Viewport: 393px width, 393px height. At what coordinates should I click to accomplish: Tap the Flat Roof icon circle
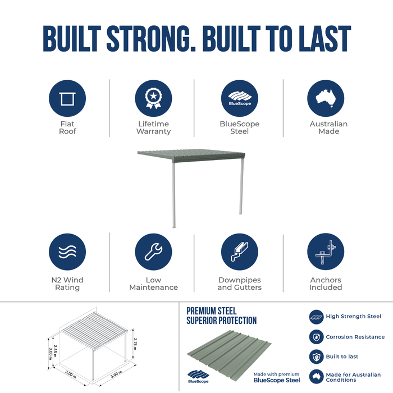click(67, 98)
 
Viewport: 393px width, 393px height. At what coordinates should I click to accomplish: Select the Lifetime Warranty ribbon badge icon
click(153, 98)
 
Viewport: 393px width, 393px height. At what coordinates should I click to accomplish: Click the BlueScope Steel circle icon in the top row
click(240, 98)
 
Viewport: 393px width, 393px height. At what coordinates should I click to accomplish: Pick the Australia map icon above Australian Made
click(326, 98)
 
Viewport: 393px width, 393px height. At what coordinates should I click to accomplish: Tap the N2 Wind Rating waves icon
click(67, 252)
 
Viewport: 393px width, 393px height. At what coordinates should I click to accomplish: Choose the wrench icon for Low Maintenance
click(153, 252)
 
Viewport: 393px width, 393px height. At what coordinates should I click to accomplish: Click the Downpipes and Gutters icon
click(240, 252)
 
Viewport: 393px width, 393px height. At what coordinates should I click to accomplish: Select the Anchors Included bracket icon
click(326, 252)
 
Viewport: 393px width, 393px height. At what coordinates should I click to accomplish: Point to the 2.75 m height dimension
click(135, 344)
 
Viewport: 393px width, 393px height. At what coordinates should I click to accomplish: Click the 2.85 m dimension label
click(55, 351)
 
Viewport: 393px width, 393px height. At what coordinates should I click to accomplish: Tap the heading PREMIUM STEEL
click(211, 311)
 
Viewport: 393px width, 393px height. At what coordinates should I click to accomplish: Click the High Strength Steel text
click(353, 316)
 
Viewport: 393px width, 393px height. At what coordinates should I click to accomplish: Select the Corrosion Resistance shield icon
click(316, 337)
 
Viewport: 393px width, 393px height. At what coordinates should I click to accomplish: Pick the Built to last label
click(342, 357)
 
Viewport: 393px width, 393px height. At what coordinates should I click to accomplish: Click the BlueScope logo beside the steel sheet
click(198, 377)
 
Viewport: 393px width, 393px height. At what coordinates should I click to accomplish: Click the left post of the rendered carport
click(173, 195)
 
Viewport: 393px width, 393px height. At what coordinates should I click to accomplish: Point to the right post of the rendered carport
click(241, 186)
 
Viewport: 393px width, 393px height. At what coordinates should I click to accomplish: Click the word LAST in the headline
click(325, 38)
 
